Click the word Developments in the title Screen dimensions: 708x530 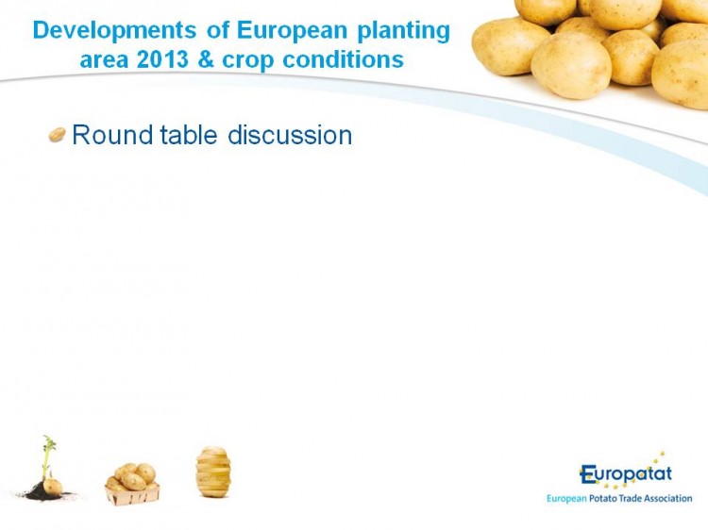[x=114, y=32]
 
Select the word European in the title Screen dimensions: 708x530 [x=292, y=31]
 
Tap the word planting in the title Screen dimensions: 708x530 [x=404, y=32]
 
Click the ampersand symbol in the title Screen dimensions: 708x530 [x=206, y=60]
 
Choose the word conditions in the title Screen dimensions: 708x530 [x=344, y=60]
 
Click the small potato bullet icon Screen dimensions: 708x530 [x=58, y=135]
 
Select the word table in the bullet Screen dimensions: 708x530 [x=189, y=135]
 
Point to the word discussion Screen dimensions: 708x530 [x=290, y=135]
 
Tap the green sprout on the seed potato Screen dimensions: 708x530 [x=47, y=454]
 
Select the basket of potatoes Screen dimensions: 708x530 [x=132, y=484]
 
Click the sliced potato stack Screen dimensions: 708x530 [x=213, y=472]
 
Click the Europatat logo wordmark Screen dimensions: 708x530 [x=626, y=474]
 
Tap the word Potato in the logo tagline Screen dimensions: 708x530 [x=603, y=499]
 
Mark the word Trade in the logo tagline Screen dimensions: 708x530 [x=631, y=499]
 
